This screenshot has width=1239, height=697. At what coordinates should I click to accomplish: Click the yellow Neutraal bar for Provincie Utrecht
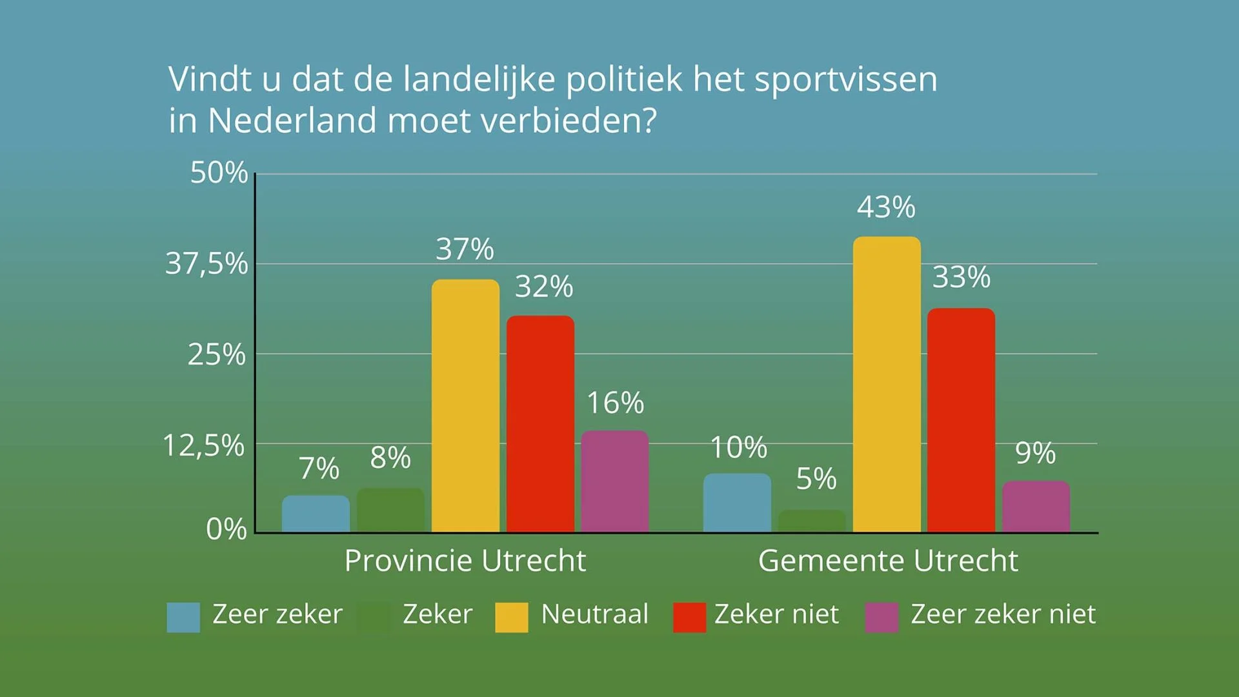coord(465,406)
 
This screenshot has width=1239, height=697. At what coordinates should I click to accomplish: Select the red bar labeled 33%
coord(961,420)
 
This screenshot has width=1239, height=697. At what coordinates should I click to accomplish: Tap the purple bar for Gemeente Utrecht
coord(1036,507)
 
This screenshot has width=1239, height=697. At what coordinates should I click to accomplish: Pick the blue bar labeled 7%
coord(316,514)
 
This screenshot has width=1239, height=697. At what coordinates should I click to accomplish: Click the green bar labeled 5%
coord(811,521)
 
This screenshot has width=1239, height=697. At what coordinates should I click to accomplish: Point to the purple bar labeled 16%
coord(614,481)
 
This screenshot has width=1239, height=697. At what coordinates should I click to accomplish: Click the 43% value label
coord(886,207)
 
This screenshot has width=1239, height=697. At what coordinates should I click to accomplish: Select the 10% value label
coord(738,447)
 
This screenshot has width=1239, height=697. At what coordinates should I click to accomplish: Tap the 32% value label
coord(543,287)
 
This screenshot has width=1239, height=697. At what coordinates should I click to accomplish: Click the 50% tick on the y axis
coord(219,173)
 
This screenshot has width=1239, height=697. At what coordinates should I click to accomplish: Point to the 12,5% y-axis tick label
coord(203,445)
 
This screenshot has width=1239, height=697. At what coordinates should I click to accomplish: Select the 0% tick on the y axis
coord(226,529)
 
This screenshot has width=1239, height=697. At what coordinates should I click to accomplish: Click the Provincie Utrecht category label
coord(465,560)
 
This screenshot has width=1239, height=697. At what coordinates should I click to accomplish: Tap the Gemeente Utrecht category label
coord(888,560)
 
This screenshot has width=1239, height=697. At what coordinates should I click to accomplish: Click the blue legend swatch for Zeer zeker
coord(183,617)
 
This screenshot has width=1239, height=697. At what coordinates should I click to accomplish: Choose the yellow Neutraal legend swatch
coord(511,617)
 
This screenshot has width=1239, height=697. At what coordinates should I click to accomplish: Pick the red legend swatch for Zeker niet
coord(689,617)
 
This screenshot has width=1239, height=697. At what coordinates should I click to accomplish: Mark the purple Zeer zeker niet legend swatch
coord(881,617)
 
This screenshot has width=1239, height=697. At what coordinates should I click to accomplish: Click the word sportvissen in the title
coord(845,80)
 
